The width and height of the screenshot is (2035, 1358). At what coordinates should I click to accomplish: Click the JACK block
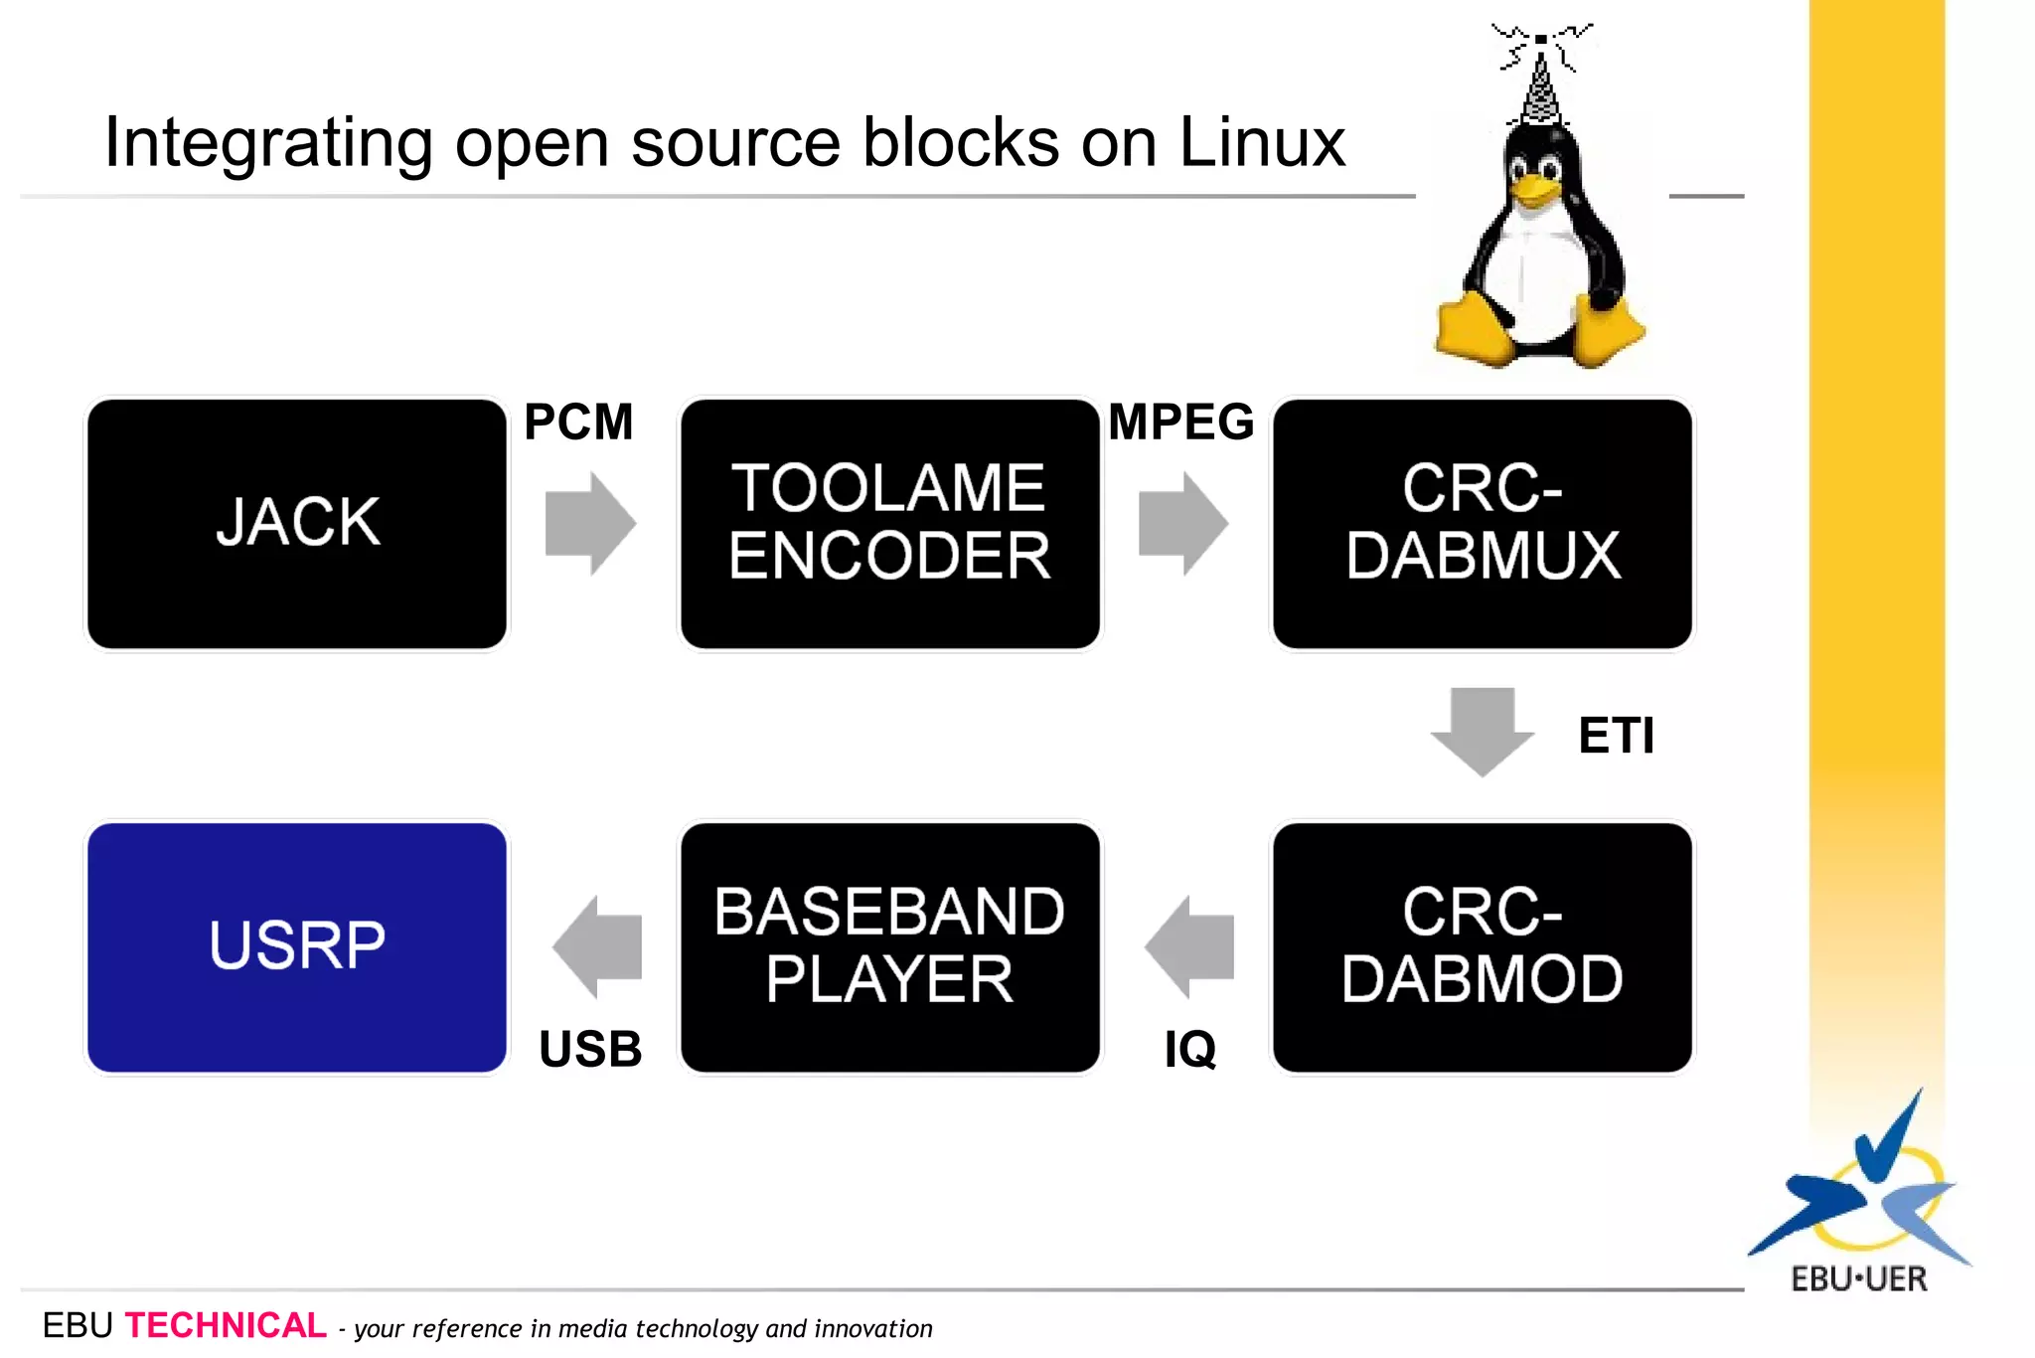point(297,523)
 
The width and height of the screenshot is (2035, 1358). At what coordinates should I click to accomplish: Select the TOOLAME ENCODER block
point(889,523)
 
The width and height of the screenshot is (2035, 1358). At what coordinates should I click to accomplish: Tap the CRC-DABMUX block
point(1482,523)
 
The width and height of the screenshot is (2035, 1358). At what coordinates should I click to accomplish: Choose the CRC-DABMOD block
point(1482,946)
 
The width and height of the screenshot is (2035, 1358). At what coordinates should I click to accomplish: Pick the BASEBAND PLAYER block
point(889,946)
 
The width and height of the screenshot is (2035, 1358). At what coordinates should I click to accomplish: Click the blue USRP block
point(297,946)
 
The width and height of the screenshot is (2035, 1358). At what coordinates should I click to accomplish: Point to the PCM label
point(578,422)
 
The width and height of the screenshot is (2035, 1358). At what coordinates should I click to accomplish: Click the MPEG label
point(1180,422)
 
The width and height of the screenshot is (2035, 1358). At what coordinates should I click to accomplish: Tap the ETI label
point(1616,736)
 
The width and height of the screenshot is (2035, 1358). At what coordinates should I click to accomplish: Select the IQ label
point(1189,1049)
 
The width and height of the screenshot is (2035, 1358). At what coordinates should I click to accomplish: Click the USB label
point(590,1049)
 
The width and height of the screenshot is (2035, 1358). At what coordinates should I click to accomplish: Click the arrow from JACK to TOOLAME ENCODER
point(589,523)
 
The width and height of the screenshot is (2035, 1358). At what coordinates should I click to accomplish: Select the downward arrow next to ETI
point(1482,731)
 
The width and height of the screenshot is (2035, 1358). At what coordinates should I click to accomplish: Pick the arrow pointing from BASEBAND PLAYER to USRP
point(598,946)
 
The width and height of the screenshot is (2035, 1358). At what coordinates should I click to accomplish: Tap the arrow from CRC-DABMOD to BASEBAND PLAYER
point(1190,946)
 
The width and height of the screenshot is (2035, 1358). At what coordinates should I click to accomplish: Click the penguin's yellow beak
point(1535,189)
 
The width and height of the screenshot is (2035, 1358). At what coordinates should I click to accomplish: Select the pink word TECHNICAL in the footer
point(226,1325)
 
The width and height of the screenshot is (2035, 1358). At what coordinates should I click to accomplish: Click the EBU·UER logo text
point(1858,1278)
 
